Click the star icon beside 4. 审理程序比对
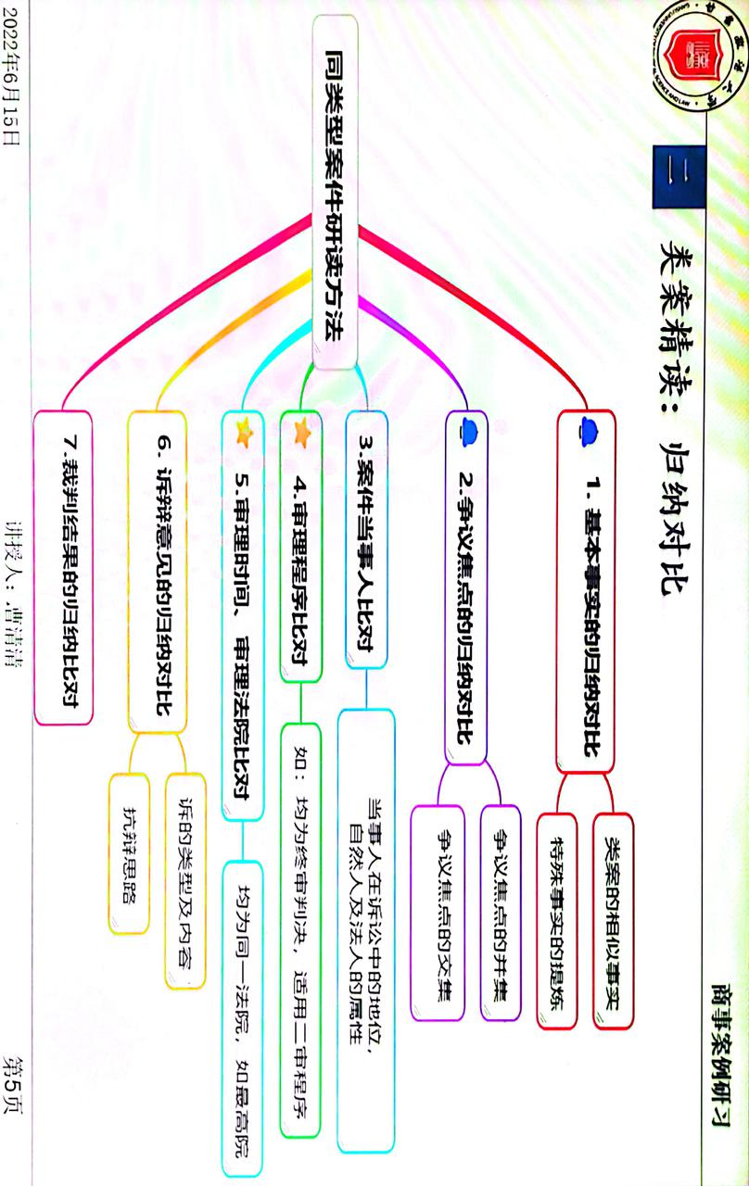301,431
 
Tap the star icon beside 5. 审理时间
245,430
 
